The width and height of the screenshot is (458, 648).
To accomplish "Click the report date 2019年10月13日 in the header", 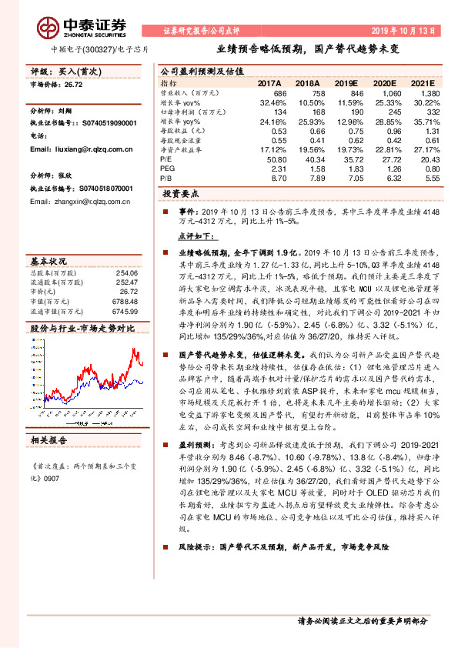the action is click(x=404, y=32).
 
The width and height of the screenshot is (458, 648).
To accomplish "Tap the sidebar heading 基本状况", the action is click(x=49, y=261).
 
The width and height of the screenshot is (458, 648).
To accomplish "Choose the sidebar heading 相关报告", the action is click(x=49, y=440).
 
